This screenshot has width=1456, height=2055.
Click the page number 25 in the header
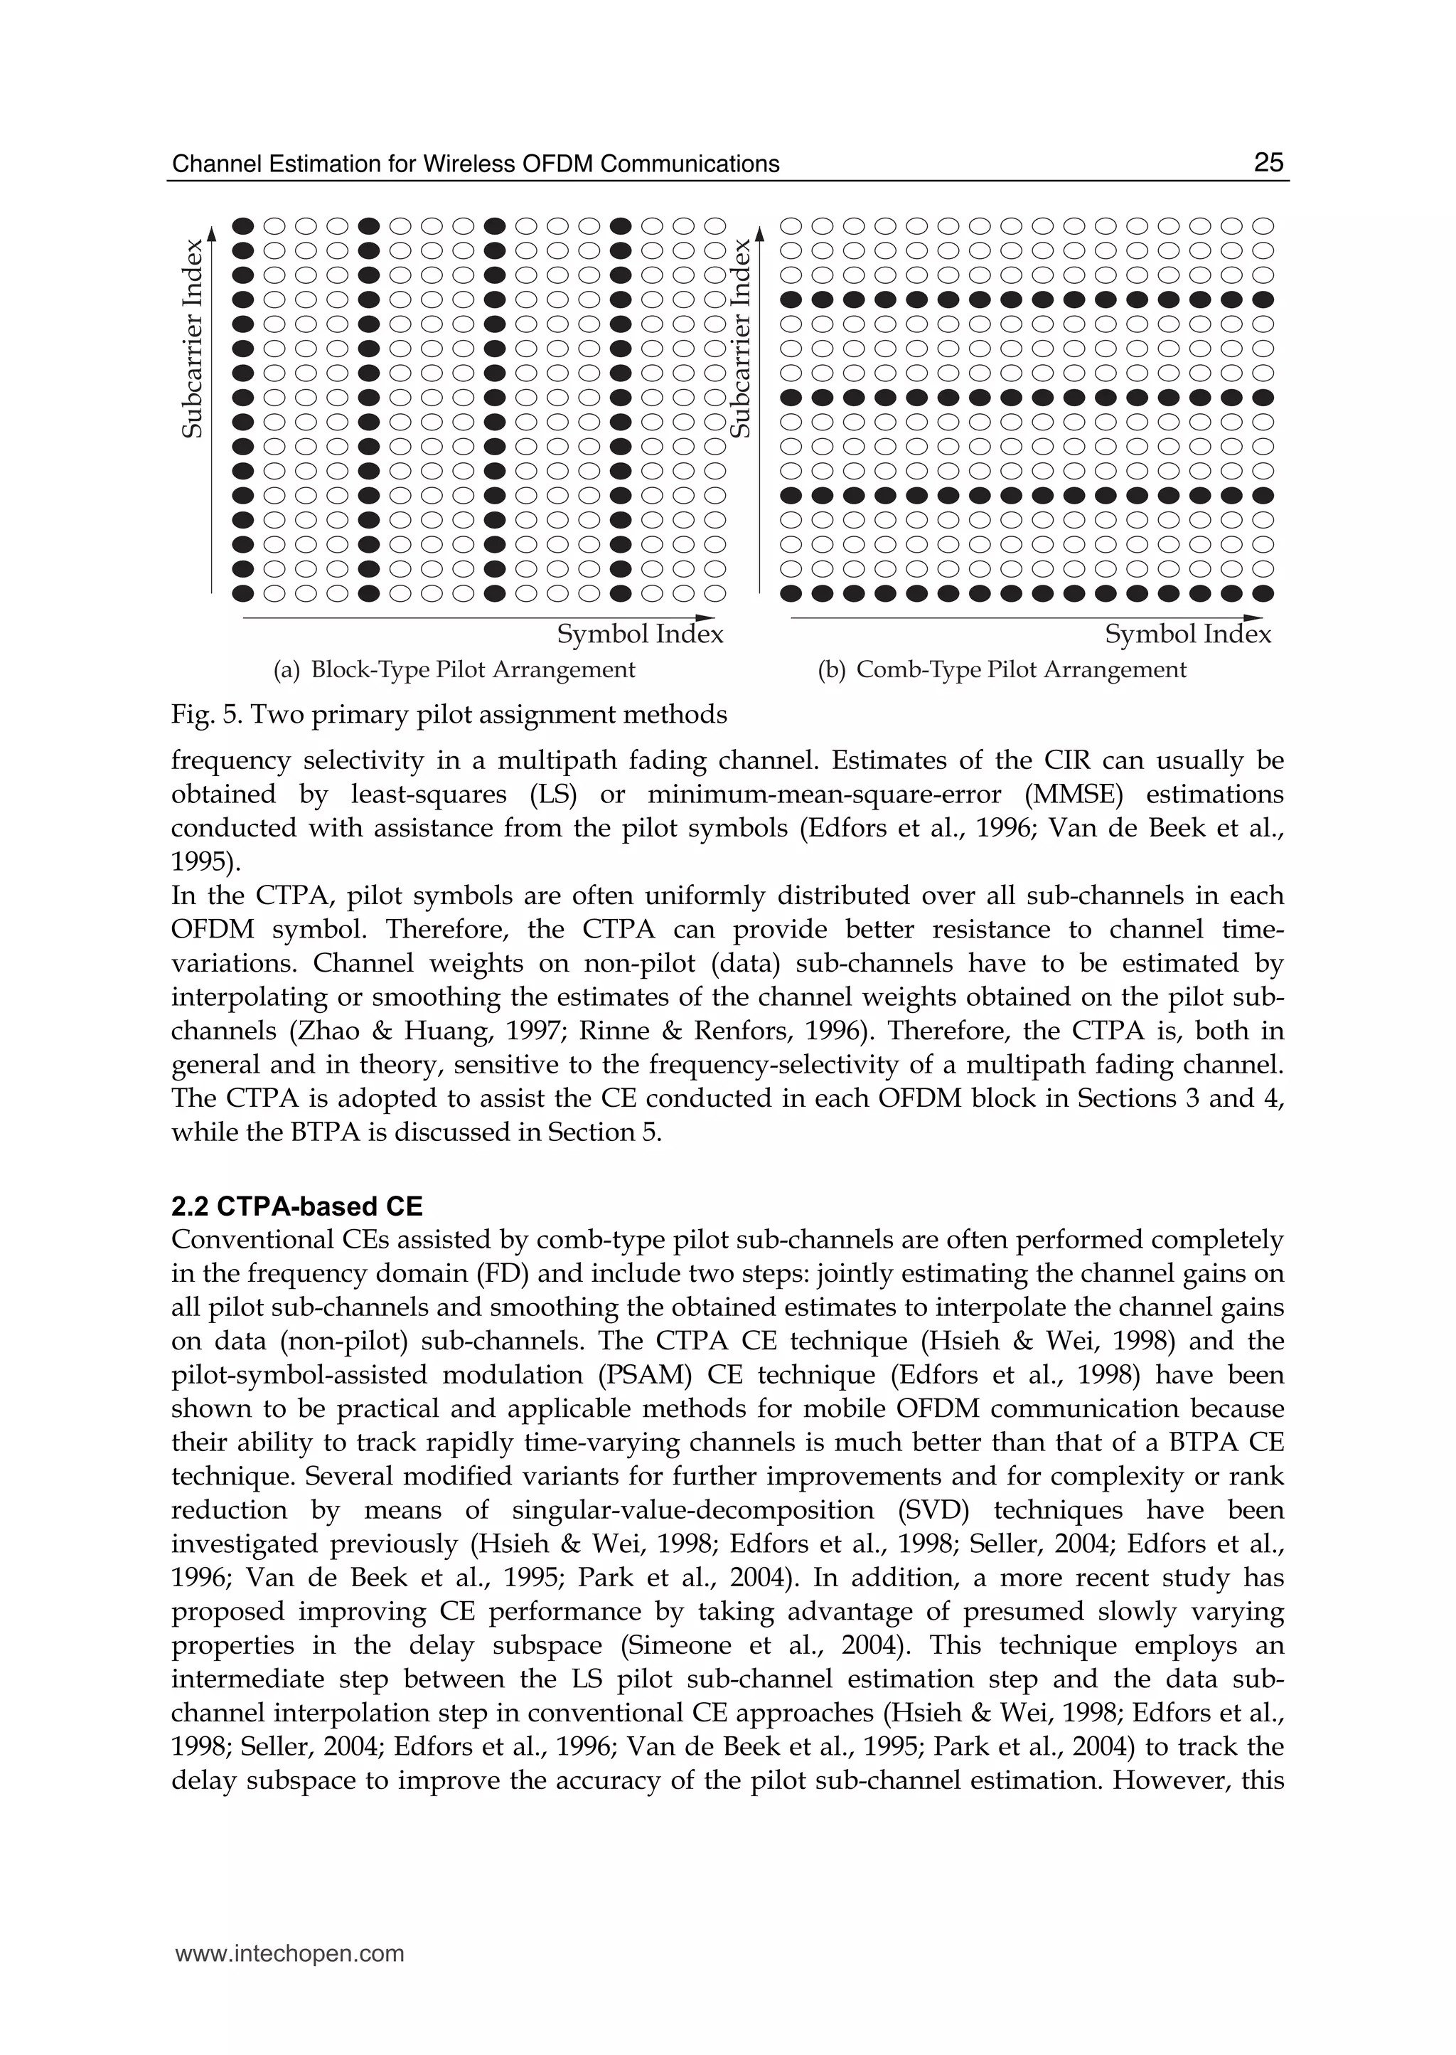click(x=1268, y=162)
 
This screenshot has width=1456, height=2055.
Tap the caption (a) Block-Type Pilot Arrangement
click(x=454, y=670)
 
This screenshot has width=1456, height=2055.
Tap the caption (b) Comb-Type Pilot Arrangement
click(x=1002, y=670)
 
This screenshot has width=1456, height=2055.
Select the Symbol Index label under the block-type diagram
click(x=640, y=635)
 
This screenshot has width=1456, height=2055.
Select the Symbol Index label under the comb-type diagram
click(x=1188, y=635)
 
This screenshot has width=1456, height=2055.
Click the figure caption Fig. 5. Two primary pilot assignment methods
click(x=449, y=715)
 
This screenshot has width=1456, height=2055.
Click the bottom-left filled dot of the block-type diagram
click(x=242, y=593)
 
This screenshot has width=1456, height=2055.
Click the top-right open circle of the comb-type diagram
click(x=1263, y=226)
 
